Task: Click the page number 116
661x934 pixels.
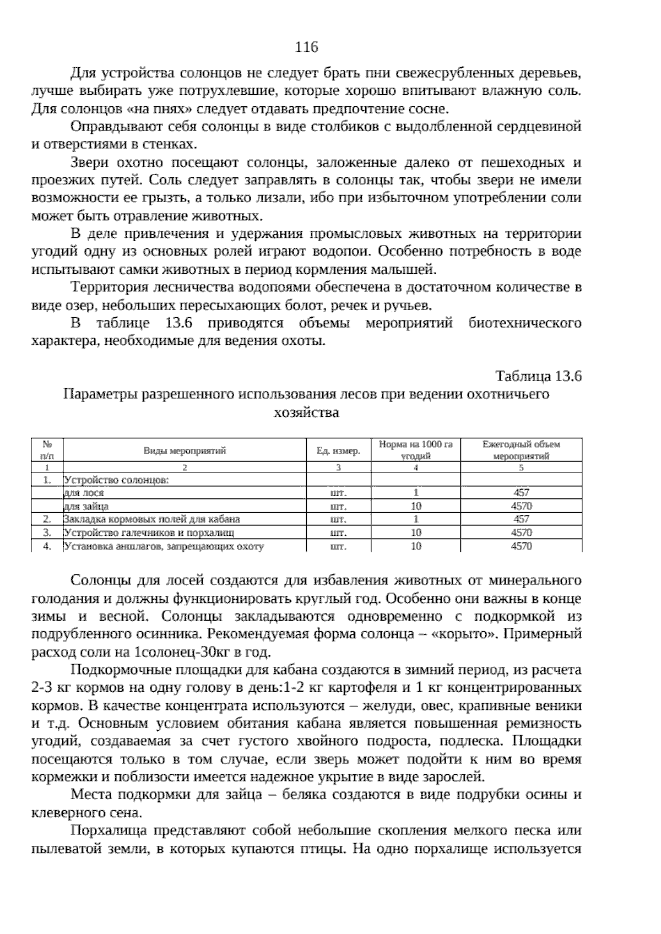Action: coord(307,47)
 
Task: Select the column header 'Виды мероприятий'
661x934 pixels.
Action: coord(185,450)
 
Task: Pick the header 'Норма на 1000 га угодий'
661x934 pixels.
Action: coord(416,450)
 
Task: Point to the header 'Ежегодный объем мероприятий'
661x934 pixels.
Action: coord(521,450)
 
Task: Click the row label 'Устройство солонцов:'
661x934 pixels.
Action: coord(116,480)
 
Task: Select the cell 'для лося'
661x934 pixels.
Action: coord(84,493)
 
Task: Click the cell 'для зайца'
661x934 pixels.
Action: coord(86,506)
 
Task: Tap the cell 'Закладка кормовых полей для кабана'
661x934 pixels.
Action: coord(152,519)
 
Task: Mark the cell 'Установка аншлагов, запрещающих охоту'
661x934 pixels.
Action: coord(164,546)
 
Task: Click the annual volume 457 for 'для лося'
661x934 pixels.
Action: coord(521,493)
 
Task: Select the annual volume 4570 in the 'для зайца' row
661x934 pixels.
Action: coord(521,506)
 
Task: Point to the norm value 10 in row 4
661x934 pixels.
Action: coord(416,546)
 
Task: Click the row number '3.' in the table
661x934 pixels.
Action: coord(47,533)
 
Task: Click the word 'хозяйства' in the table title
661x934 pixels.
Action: coord(306,412)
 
